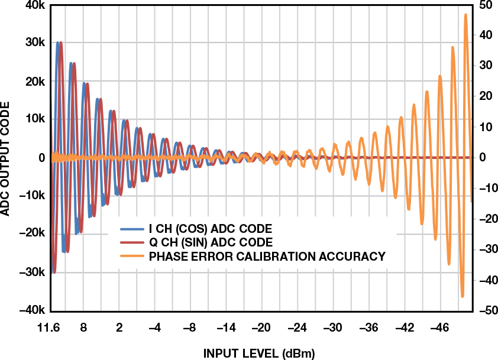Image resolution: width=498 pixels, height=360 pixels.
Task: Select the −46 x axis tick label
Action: [439, 328]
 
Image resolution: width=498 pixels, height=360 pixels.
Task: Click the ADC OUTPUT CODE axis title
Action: [8, 158]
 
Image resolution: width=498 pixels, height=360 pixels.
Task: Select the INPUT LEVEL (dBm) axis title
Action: [260, 353]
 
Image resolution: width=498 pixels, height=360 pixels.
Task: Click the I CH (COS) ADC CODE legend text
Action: [211, 229]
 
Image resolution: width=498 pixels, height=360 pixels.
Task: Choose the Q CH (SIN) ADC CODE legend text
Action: [211, 242]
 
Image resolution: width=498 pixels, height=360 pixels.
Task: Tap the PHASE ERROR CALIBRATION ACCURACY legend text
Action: [267, 257]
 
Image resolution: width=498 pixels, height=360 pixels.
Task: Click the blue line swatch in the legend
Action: [132, 229]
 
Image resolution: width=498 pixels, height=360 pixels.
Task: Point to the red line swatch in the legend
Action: [132, 242]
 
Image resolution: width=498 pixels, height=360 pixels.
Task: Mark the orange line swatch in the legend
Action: [132, 257]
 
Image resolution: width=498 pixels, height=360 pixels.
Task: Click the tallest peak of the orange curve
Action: [465, 15]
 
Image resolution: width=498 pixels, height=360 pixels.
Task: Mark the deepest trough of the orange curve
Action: [463, 296]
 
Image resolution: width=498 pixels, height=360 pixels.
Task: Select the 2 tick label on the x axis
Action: [119, 328]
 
